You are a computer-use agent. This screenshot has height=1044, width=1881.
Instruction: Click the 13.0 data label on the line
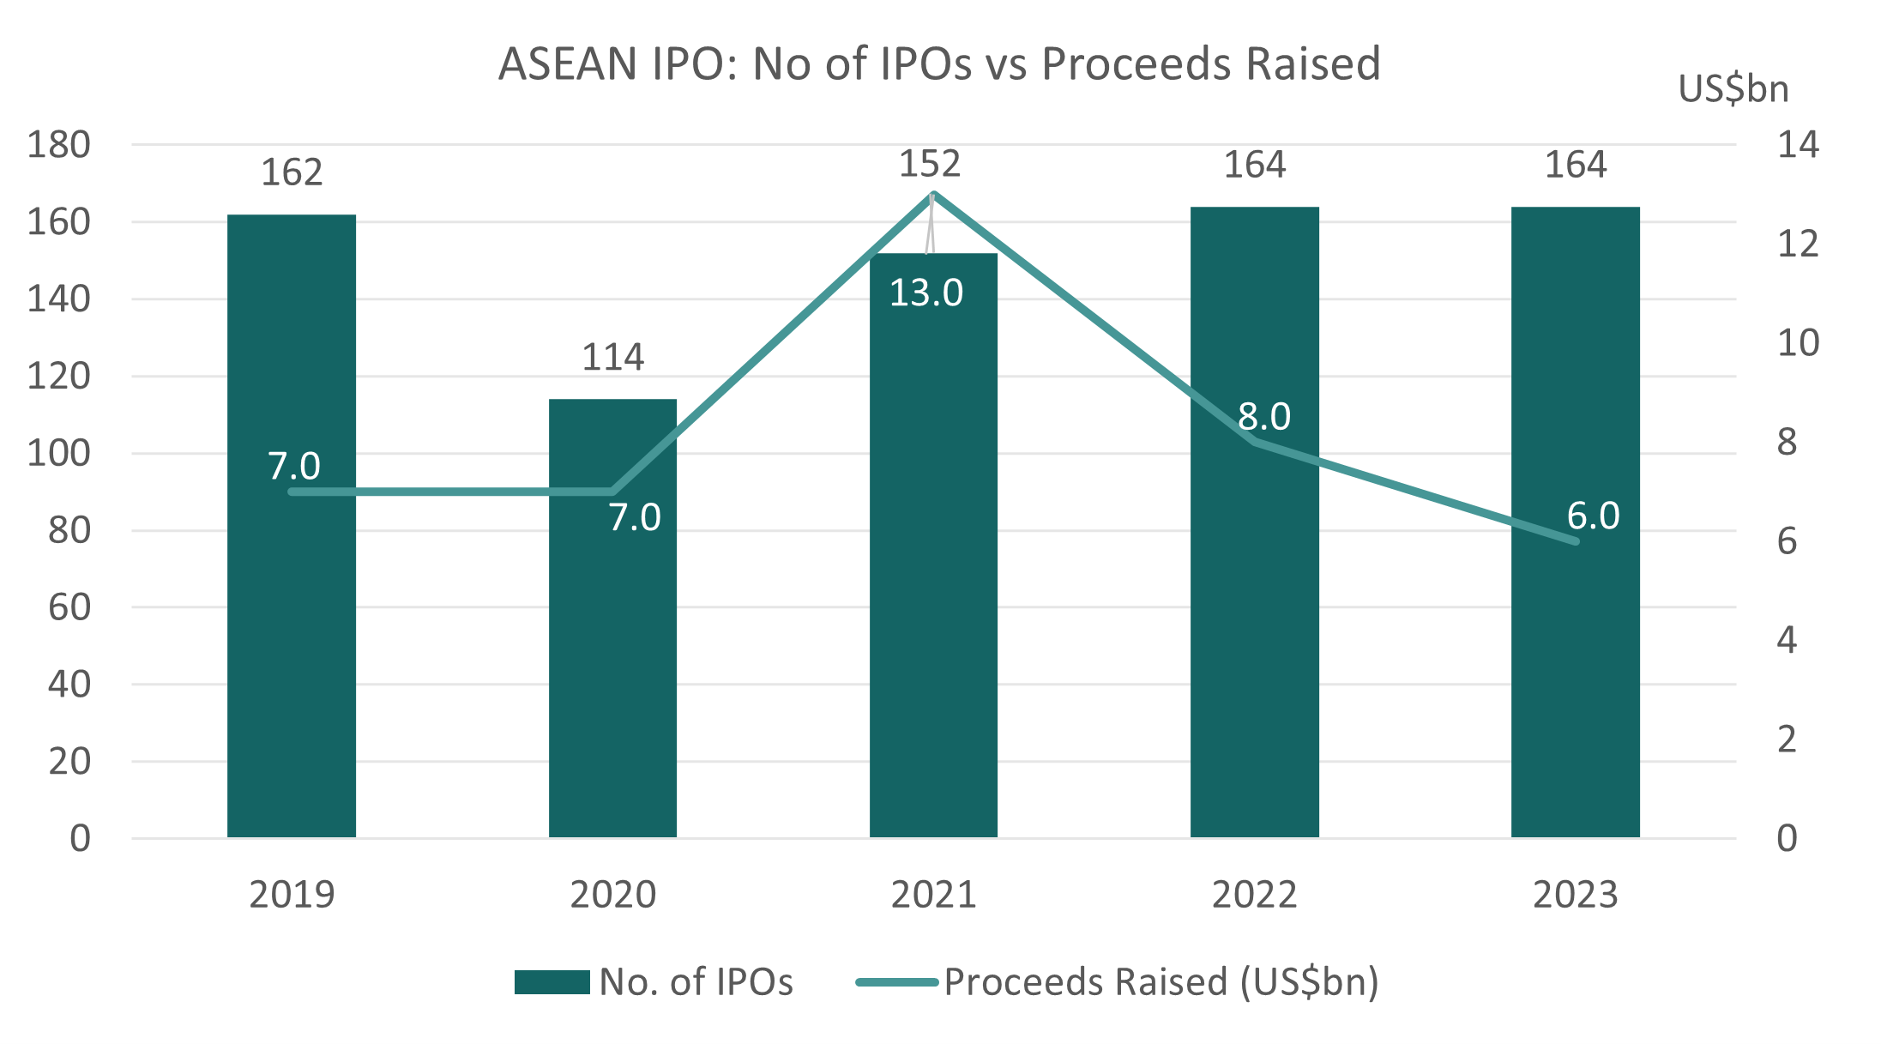925,293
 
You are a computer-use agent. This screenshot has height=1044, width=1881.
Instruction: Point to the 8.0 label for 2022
1263,417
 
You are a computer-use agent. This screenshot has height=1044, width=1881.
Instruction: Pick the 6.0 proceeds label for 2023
1593,516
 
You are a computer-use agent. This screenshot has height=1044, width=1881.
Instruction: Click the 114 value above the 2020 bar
612,357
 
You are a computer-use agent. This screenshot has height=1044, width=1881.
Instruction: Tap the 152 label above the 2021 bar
929,164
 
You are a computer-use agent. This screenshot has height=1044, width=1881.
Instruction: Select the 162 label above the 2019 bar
292,172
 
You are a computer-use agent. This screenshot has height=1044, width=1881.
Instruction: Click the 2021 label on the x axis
933,896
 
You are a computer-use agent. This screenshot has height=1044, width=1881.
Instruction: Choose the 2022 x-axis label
1254,896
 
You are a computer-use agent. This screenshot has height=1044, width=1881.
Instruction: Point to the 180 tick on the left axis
58,145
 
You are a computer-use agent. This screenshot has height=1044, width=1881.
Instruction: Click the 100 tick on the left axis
58,453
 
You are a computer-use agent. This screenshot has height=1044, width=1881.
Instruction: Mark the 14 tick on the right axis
1798,145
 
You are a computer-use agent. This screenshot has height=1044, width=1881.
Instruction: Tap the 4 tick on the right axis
1787,640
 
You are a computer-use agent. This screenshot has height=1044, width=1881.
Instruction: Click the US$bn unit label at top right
1733,89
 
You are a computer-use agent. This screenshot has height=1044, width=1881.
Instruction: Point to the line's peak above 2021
933,194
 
